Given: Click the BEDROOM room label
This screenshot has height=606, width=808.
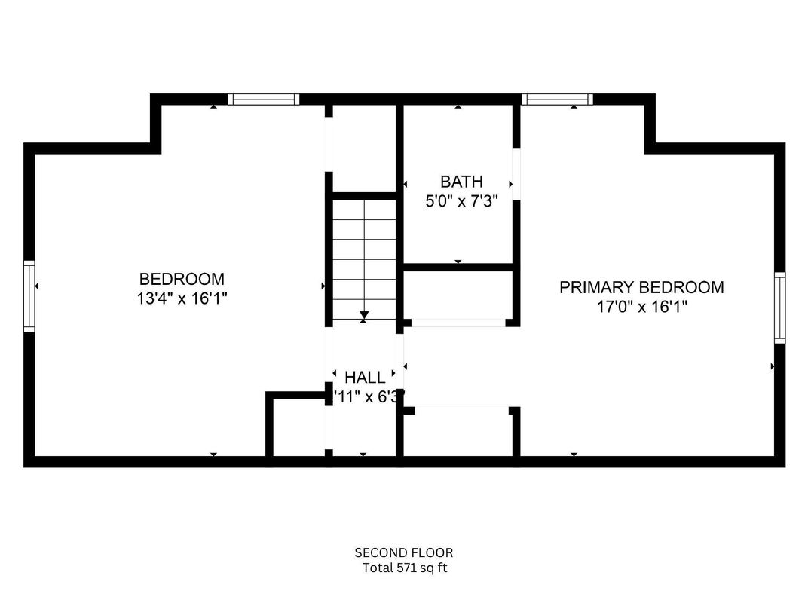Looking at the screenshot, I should [182, 278].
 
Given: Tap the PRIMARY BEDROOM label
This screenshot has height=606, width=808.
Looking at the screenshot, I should [641, 287].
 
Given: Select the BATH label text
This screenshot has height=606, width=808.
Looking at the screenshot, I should [461, 182].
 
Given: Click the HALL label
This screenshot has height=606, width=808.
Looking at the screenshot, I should [365, 377].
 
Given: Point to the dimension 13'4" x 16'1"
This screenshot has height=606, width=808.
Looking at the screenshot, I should [182, 298].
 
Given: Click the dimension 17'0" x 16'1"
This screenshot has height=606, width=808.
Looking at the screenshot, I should [641, 307].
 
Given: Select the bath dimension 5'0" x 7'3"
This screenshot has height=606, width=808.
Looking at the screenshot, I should [461, 201].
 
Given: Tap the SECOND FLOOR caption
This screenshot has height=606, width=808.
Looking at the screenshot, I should [403, 552].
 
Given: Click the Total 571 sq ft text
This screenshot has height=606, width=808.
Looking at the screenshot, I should [403, 568].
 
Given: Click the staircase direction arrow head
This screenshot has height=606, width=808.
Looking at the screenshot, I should [364, 315].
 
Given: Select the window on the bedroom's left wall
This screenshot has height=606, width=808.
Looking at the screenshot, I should [29, 295].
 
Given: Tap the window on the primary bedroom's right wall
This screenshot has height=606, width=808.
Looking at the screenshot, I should [779, 308].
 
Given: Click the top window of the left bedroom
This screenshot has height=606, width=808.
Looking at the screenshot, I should [264, 99].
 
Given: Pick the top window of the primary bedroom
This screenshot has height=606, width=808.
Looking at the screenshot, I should [557, 99].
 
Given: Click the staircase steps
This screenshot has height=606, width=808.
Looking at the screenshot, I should [364, 256].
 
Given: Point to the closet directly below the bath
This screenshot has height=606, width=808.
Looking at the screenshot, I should [458, 295].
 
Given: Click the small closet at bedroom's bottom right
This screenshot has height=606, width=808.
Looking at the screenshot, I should [297, 425].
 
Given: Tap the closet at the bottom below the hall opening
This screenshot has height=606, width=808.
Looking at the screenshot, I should [458, 433].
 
